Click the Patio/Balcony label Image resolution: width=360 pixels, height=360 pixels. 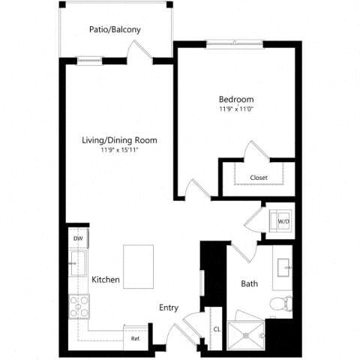[115, 30]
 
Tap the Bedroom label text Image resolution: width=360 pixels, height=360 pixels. [236, 100]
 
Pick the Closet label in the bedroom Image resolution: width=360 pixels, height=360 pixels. [259, 178]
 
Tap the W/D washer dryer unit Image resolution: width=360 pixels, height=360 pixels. [283, 222]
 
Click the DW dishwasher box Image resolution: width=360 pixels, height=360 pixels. [77, 238]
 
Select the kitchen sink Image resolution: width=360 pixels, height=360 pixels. [77, 263]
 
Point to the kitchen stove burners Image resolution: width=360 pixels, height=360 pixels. [78, 305]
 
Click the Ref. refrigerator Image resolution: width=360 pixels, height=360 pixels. [136, 337]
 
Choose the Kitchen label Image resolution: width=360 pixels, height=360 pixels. [106, 280]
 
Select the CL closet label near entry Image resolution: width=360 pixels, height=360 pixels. [216, 328]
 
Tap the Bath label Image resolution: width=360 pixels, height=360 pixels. [249, 284]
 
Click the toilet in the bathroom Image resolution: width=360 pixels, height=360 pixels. [283, 304]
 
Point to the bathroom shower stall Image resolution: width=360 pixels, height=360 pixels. [247, 334]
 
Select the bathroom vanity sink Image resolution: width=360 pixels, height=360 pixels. [284, 268]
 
